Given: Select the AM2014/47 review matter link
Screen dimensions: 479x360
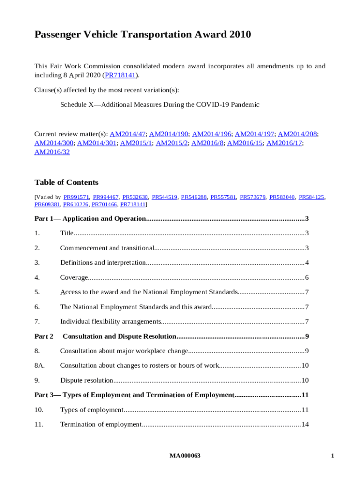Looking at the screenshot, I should pos(127,134).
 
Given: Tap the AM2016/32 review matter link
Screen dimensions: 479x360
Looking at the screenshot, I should pos(52,152).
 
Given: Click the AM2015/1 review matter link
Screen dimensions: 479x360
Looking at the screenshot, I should pos(136,143).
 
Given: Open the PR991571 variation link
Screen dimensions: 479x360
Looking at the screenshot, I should pos(76,197).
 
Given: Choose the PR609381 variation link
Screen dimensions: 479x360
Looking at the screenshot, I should pos(47,204).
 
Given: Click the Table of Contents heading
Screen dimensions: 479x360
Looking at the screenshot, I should pos(66,182).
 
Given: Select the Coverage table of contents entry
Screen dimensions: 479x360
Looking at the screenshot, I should pos(74,277).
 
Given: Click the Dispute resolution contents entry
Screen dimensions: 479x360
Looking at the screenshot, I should pos(86,380).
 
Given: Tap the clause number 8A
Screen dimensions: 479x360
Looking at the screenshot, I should pos(40,366).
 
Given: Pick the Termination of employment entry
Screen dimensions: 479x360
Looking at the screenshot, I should pos(101,424).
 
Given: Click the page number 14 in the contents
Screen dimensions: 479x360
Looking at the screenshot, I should pos(305,424).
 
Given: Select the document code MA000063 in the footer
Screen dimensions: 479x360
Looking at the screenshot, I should pos(185,456).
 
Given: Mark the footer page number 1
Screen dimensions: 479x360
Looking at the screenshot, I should pos(332,456).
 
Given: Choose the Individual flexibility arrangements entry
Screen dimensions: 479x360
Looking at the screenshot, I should pos(110,321).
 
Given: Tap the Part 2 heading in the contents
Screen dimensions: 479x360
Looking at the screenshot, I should pos(105,336).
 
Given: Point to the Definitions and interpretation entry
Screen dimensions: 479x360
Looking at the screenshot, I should pos(103,262).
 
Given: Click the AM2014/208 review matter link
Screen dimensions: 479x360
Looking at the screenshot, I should pos(298,134).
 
